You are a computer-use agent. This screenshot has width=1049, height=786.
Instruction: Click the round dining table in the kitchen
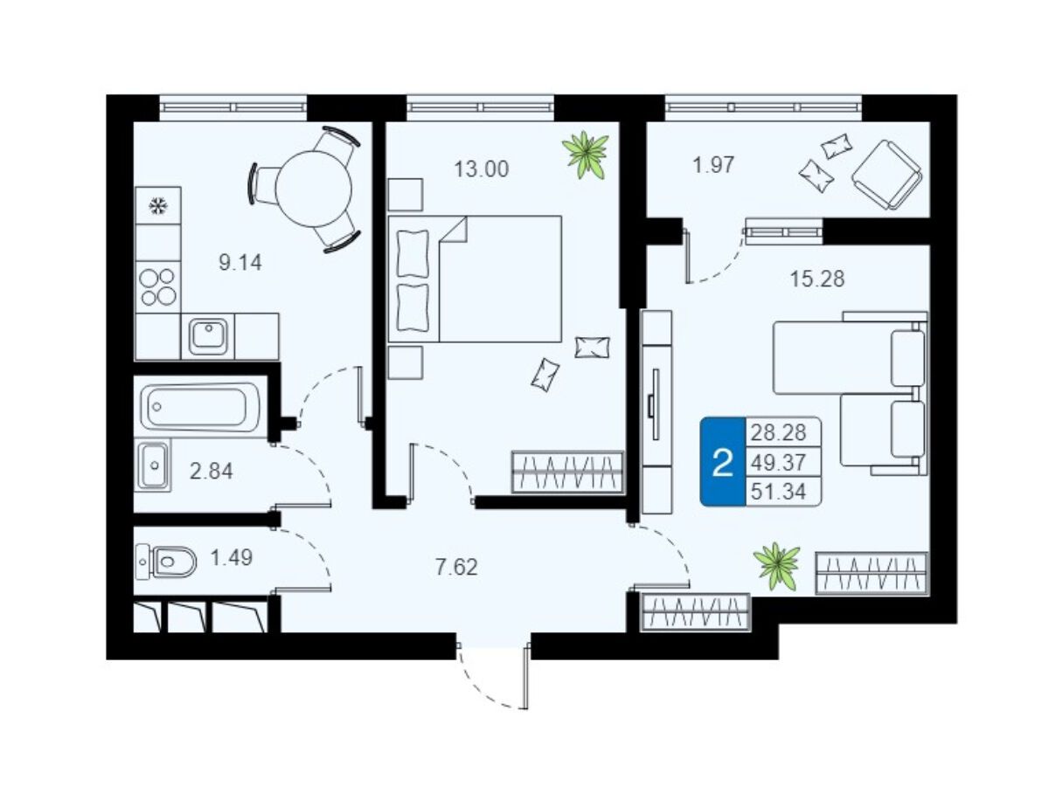pyautogui.click(x=314, y=189)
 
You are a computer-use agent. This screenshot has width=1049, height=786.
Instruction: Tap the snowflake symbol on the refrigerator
pyautogui.click(x=157, y=206)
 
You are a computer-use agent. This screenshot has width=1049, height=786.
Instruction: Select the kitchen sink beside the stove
pyautogui.click(x=208, y=336)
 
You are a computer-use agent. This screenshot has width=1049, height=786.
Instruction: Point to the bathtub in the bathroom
pyautogui.click(x=200, y=406)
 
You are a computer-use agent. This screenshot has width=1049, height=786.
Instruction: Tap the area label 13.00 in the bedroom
pyautogui.click(x=482, y=169)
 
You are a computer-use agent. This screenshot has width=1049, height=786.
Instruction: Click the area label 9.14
pyautogui.click(x=240, y=263)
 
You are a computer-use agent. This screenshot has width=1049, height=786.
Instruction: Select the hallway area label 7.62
pyautogui.click(x=456, y=568)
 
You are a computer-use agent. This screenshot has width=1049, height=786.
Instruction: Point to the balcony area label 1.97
pyautogui.click(x=713, y=165)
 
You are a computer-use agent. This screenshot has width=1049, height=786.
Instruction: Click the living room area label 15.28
pyautogui.click(x=817, y=279)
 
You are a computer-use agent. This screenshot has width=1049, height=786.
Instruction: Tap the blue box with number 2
pyautogui.click(x=723, y=461)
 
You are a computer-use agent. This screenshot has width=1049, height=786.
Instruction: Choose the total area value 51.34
pyautogui.click(x=779, y=491)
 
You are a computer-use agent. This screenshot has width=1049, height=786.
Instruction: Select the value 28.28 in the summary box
pyautogui.click(x=779, y=432)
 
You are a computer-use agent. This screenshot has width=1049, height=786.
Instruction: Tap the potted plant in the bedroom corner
pyautogui.click(x=586, y=155)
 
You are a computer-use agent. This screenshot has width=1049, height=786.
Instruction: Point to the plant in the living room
pyautogui.click(x=776, y=566)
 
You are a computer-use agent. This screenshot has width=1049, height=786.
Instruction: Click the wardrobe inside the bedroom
pyautogui.click(x=567, y=472)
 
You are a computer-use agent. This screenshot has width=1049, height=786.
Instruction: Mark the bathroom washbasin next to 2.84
pyautogui.click(x=153, y=465)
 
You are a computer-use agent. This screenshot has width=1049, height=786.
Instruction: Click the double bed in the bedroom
pyautogui.click(x=475, y=279)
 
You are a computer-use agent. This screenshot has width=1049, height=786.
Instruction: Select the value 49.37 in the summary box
pyautogui.click(x=779, y=461)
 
